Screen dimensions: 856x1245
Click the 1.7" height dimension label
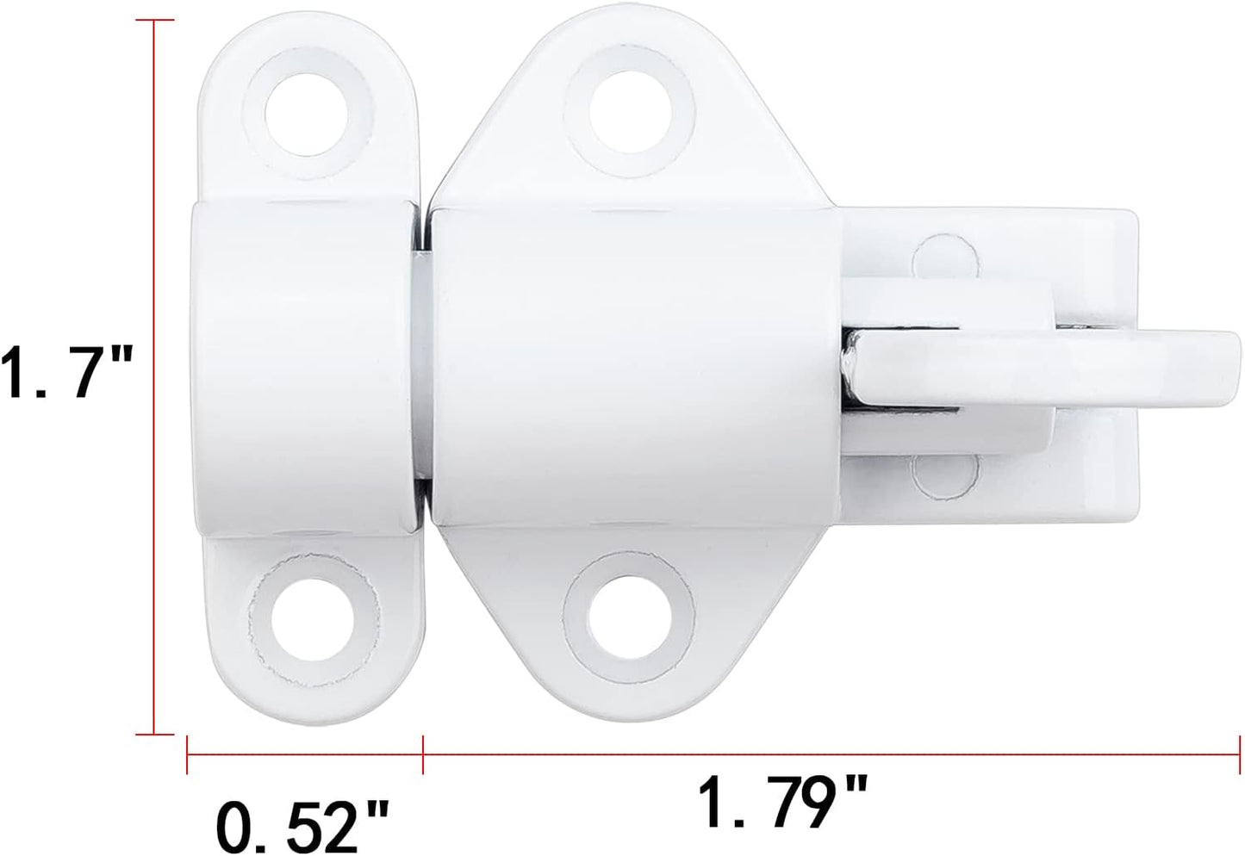coord(65,371)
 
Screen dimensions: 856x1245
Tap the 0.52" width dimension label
coord(302,824)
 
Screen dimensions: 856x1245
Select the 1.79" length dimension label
coord(781,801)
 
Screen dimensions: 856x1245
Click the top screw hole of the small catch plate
coord(305,113)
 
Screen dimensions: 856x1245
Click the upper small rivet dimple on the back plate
coord(945,257)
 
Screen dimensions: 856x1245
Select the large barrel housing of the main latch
coord(633,366)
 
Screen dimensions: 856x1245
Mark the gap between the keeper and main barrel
coord(422,366)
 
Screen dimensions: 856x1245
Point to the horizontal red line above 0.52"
coord(304,755)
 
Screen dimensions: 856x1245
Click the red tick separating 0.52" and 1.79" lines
coord(422,755)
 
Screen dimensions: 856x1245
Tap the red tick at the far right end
coord(1238,755)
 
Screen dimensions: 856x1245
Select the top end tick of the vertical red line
coord(155,20)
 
